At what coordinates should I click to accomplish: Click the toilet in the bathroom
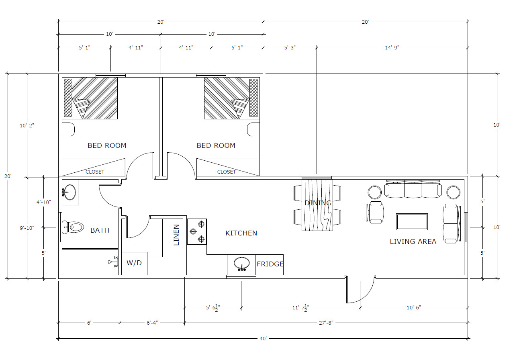[73, 227]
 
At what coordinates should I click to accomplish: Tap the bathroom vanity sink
[69, 192]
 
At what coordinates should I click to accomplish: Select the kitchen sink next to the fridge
[242, 264]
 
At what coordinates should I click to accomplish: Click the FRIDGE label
[270, 264]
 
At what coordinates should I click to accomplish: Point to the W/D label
[134, 263]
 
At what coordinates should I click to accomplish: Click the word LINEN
[176, 235]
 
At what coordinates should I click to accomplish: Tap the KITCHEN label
[241, 233]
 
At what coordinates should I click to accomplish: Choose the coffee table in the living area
[412, 222]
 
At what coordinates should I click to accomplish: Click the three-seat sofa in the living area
[413, 189]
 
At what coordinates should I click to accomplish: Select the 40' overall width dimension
[263, 339]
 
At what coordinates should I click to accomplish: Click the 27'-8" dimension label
[326, 323]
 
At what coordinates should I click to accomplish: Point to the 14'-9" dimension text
[392, 48]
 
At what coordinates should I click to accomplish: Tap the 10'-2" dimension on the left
[27, 126]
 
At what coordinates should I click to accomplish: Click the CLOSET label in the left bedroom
[95, 172]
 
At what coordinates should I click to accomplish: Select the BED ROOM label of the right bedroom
[216, 145]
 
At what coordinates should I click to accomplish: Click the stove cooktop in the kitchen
[197, 231]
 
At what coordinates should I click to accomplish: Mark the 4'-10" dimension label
[44, 202]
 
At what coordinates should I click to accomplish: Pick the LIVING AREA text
[413, 241]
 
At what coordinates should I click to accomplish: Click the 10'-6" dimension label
[414, 308]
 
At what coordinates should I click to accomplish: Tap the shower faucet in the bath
[113, 262]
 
